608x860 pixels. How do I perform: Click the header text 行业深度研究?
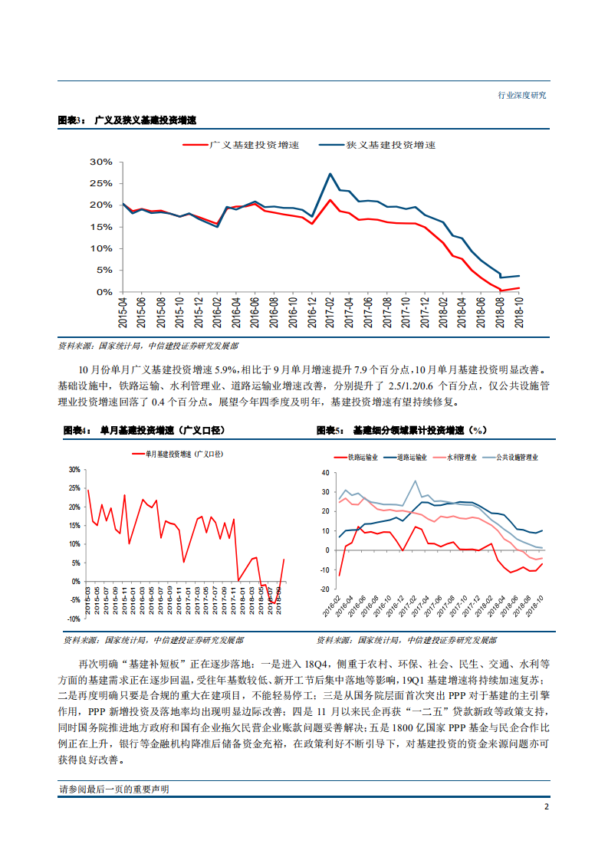521,95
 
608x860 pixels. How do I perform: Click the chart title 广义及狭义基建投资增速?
145,121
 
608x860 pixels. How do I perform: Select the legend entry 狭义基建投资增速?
390,144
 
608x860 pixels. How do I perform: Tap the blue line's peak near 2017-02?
330,174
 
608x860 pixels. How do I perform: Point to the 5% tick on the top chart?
104,271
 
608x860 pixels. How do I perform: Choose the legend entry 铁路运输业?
363,457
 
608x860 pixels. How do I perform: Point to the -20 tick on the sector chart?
324,589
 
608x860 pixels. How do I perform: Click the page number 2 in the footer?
545,807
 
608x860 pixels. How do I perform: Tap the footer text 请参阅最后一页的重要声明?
113,789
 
